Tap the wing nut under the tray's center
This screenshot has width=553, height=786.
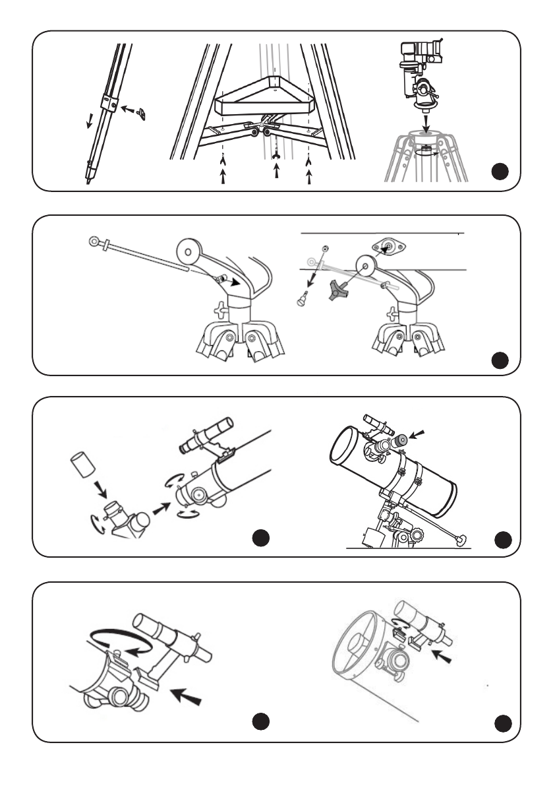click(x=276, y=156)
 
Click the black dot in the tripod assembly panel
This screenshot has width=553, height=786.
click(x=502, y=172)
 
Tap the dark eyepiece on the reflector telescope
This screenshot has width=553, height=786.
click(x=400, y=441)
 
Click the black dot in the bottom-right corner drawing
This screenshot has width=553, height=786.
click(x=503, y=724)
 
